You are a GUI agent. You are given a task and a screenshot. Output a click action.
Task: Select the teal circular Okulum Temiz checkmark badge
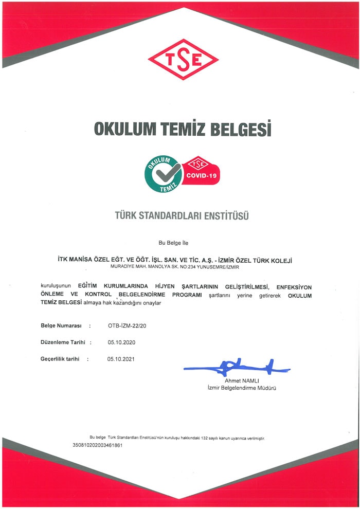pos(163,174)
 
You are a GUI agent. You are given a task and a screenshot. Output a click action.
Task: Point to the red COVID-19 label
pos(203,175)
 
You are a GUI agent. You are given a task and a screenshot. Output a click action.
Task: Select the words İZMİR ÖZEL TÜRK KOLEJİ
pos(251,261)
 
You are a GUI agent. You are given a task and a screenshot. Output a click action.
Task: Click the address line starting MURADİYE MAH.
pos(175,267)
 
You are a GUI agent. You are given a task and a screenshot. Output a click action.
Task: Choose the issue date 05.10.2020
pos(121,342)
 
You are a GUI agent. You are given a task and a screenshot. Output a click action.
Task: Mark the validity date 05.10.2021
pos(121,359)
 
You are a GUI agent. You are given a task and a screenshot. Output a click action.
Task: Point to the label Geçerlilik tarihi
pos(60,359)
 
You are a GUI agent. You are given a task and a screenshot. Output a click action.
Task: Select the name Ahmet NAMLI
pos(240,380)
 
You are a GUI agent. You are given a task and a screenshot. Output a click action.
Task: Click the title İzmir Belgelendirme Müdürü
pos(238,388)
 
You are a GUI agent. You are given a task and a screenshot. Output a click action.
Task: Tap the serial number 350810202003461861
pos(98,445)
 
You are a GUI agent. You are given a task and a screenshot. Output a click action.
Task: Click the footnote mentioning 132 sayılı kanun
pos(177,438)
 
